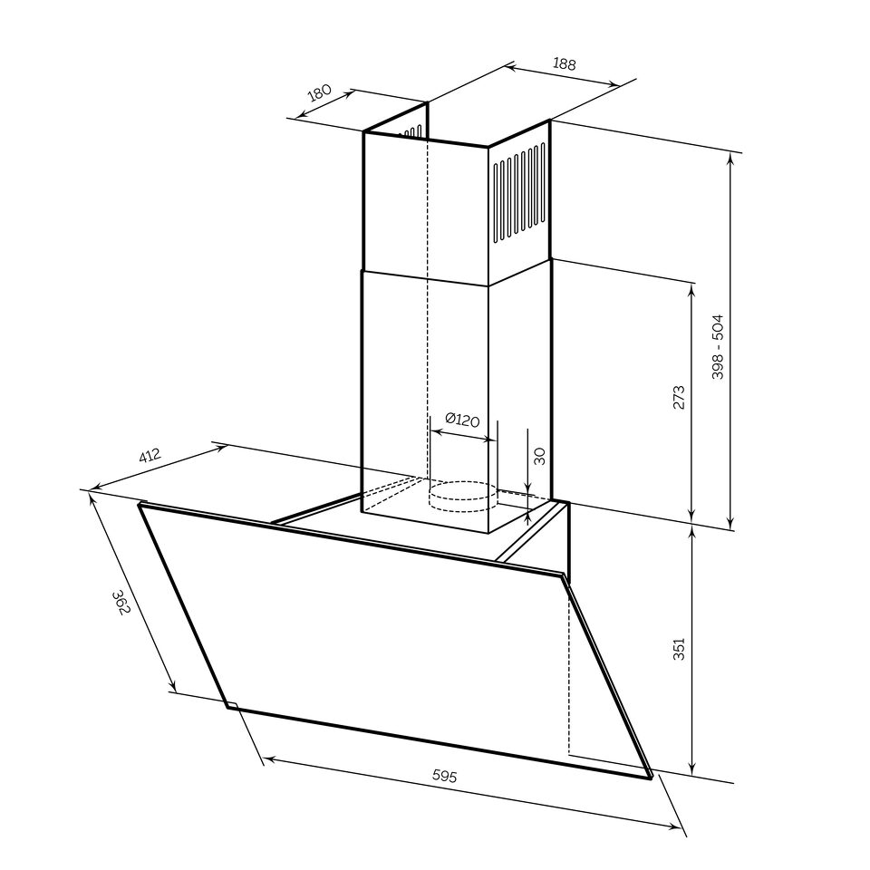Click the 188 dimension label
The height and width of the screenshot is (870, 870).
click(565, 63)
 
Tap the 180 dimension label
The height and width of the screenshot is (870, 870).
click(320, 92)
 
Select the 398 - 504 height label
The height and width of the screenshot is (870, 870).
click(718, 347)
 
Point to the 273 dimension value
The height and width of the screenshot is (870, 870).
click(680, 397)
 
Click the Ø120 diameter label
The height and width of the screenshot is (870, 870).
click(461, 420)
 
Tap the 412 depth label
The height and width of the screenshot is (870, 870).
click(150, 456)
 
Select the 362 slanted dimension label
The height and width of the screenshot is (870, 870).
click(121, 603)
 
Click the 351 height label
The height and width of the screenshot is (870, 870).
click(680, 649)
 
